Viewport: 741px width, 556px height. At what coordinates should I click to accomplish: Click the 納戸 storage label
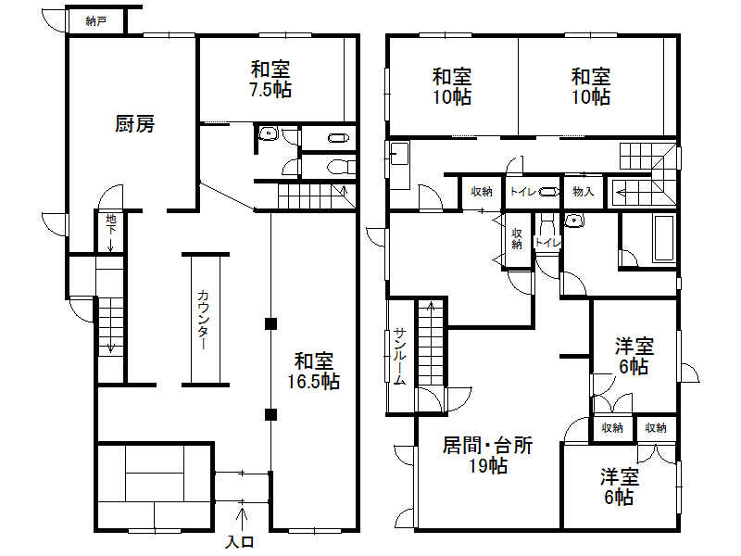[x=95, y=20]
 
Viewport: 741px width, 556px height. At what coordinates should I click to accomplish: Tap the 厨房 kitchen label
[x=134, y=123]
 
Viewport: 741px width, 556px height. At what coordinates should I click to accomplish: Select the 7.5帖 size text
[x=270, y=90]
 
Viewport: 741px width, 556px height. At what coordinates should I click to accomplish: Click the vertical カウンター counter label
[x=203, y=320]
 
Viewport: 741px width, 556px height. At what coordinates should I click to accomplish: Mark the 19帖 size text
[x=487, y=466]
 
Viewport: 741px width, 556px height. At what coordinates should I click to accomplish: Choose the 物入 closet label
[x=584, y=192]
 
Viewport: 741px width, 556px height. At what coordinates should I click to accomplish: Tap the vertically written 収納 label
[x=517, y=238]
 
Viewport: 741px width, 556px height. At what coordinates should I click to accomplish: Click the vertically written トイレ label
[x=547, y=243]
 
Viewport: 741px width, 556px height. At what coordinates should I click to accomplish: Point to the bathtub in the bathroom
[x=663, y=238]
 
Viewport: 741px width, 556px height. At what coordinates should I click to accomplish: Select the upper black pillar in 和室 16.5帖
[x=270, y=323]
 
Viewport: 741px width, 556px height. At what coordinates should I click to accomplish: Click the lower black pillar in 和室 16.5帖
[x=270, y=413]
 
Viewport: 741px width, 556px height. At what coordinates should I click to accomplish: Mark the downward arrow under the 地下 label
[x=110, y=244]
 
